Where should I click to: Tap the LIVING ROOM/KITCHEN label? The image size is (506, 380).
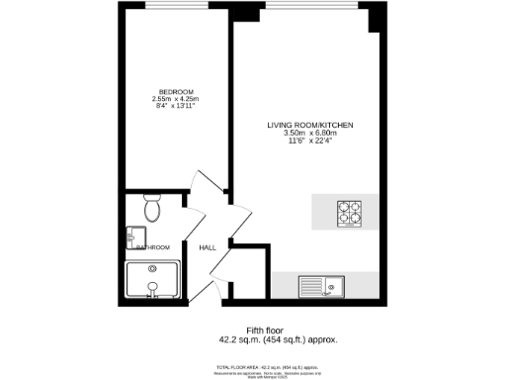(x=309, y=126)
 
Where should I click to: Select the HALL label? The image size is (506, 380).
(x=208, y=247)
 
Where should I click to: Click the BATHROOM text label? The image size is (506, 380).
(x=154, y=246)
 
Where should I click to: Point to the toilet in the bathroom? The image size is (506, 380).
(x=151, y=209)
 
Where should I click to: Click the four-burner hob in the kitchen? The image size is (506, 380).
(x=351, y=214)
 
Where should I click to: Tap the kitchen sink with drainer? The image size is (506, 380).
(x=320, y=286)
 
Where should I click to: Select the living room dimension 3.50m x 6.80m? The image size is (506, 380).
(x=309, y=134)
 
